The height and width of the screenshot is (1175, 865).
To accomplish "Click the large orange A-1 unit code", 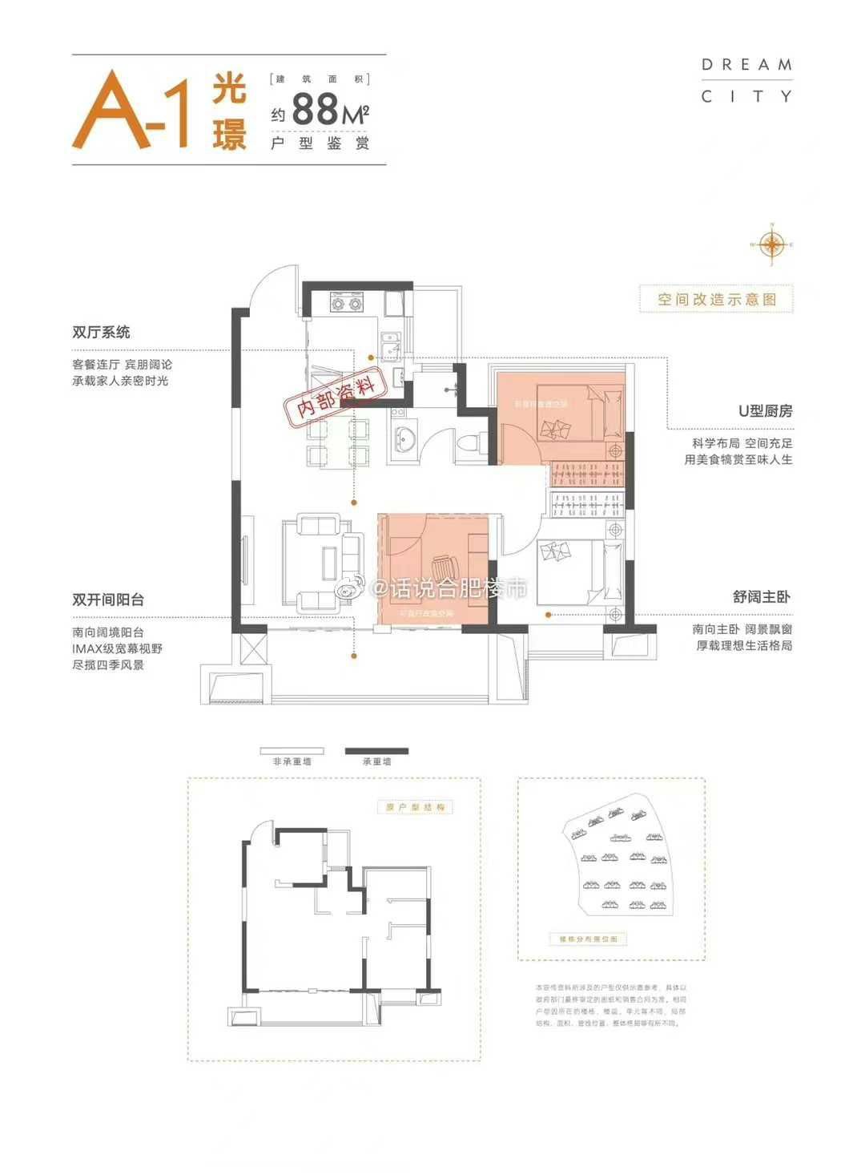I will pyautogui.click(x=132, y=110).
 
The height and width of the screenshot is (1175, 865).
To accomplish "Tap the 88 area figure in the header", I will pyautogui.click(x=316, y=110).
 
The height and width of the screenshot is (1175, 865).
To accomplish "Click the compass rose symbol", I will pyautogui.click(x=772, y=244).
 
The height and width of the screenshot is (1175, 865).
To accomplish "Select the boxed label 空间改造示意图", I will pyautogui.click(x=717, y=300).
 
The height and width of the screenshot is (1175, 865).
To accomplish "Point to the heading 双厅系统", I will pyautogui.click(x=101, y=332).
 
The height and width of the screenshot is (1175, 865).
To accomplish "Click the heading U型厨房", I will pyautogui.click(x=765, y=410).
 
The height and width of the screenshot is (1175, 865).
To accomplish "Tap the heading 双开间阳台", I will pyautogui.click(x=108, y=600).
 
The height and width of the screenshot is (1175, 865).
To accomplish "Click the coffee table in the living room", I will pyautogui.click(x=328, y=560).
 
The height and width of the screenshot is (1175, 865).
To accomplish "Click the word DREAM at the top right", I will pyautogui.click(x=746, y=65).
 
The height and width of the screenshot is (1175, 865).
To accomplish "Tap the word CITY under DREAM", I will pyautogui.click(x=746, y=97).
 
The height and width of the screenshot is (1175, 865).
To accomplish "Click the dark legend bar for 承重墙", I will pyautogui.click(x=376, y=752).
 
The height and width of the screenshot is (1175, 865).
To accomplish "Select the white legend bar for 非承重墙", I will pyautogui.click(x=292, y=752).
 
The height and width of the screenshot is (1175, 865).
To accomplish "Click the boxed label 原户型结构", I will pyautogui.click(x=415, y=807).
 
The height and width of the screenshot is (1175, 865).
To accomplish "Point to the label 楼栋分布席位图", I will pyautogui.click(x=589, y=939).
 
